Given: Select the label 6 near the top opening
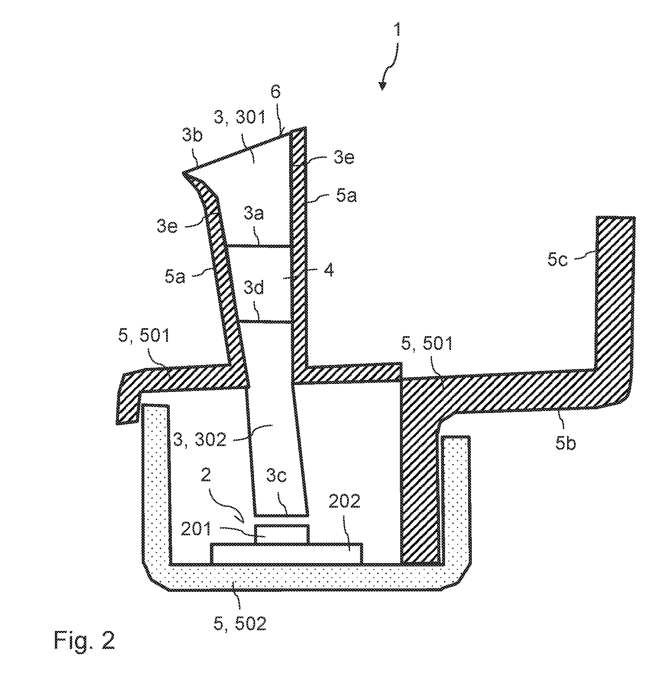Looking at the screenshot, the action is point(275,92).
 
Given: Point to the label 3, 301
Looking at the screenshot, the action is point(240,117).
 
